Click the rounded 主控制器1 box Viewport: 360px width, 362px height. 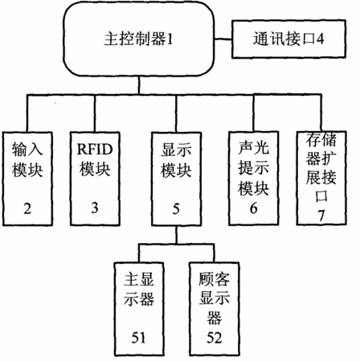138,39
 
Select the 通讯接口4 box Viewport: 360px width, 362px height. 288,39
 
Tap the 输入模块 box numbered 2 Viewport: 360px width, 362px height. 27,179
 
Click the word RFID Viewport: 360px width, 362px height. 95,149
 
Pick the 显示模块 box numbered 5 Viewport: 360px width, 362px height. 176,179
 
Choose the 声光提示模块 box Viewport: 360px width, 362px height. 253,179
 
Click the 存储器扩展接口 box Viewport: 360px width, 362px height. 321,178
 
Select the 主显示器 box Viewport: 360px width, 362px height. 139,309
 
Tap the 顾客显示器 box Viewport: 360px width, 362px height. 214,309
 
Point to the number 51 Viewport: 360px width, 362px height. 139,337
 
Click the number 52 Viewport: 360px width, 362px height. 215,337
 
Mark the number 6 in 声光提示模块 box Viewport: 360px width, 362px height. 253,208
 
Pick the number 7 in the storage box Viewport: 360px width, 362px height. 321,215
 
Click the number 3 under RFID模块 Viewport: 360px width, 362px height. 95,208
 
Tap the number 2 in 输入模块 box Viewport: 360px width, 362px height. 27,208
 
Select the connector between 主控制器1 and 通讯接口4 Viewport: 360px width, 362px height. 223,39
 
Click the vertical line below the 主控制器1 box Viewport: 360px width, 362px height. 138,85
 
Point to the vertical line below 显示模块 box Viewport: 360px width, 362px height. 176,235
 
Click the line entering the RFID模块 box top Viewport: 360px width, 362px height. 95,113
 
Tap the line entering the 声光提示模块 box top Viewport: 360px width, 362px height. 254,113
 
